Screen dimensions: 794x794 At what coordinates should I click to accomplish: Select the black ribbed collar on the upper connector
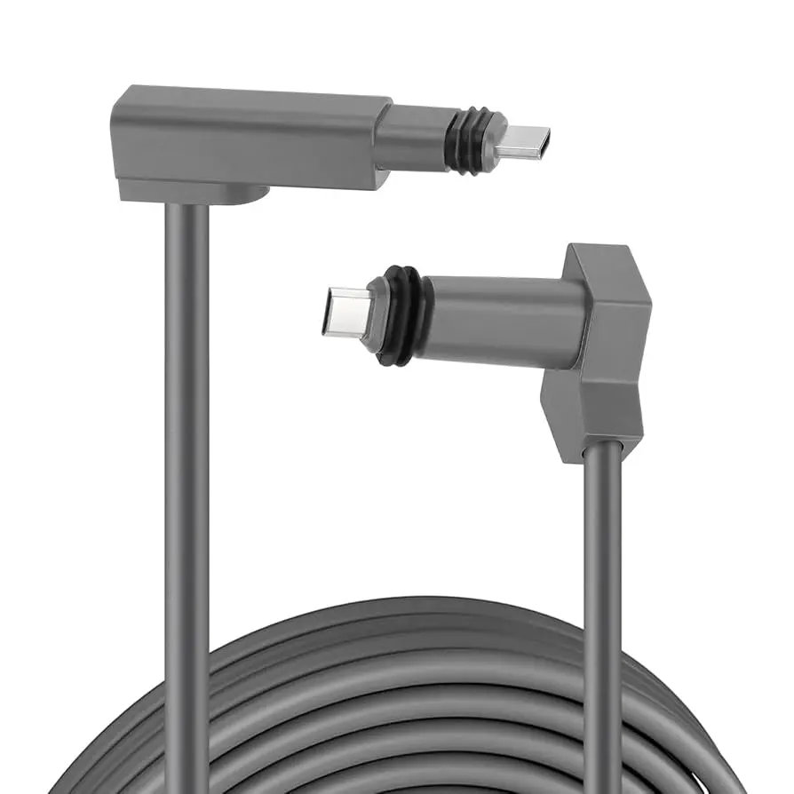[463, 139]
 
